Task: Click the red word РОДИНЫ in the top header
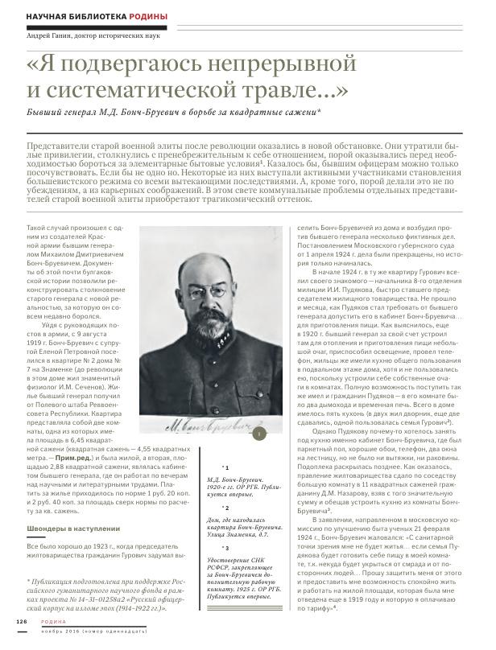(x=147, y=17)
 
